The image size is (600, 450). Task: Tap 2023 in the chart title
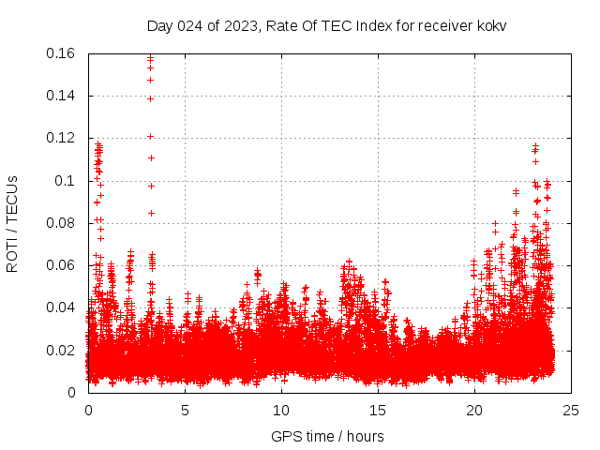click(240, 25)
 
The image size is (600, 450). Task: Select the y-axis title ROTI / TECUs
click(12, 223)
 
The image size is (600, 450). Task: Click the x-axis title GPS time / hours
click(327, 436)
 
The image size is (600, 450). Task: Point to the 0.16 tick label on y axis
click(62, 53)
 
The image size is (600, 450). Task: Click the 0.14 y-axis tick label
click(62, 96)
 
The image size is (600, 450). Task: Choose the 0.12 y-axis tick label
click(62, 138)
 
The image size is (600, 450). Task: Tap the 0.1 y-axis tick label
click(66, 181)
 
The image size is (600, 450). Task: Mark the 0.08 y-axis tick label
click(62, 223)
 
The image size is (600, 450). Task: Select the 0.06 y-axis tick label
click(62, 265)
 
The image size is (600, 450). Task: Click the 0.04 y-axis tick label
click(62, 307)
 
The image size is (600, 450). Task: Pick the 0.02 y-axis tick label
click(62, 351)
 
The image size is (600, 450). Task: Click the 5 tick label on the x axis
click(185, 410)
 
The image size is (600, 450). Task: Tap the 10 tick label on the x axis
click(281, 410)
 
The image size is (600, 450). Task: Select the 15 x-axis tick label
click(378, 410)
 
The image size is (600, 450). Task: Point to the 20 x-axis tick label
click(474, 410)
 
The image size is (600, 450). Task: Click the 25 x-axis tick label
click(571, 410)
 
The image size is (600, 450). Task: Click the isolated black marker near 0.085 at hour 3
click(151, 213)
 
